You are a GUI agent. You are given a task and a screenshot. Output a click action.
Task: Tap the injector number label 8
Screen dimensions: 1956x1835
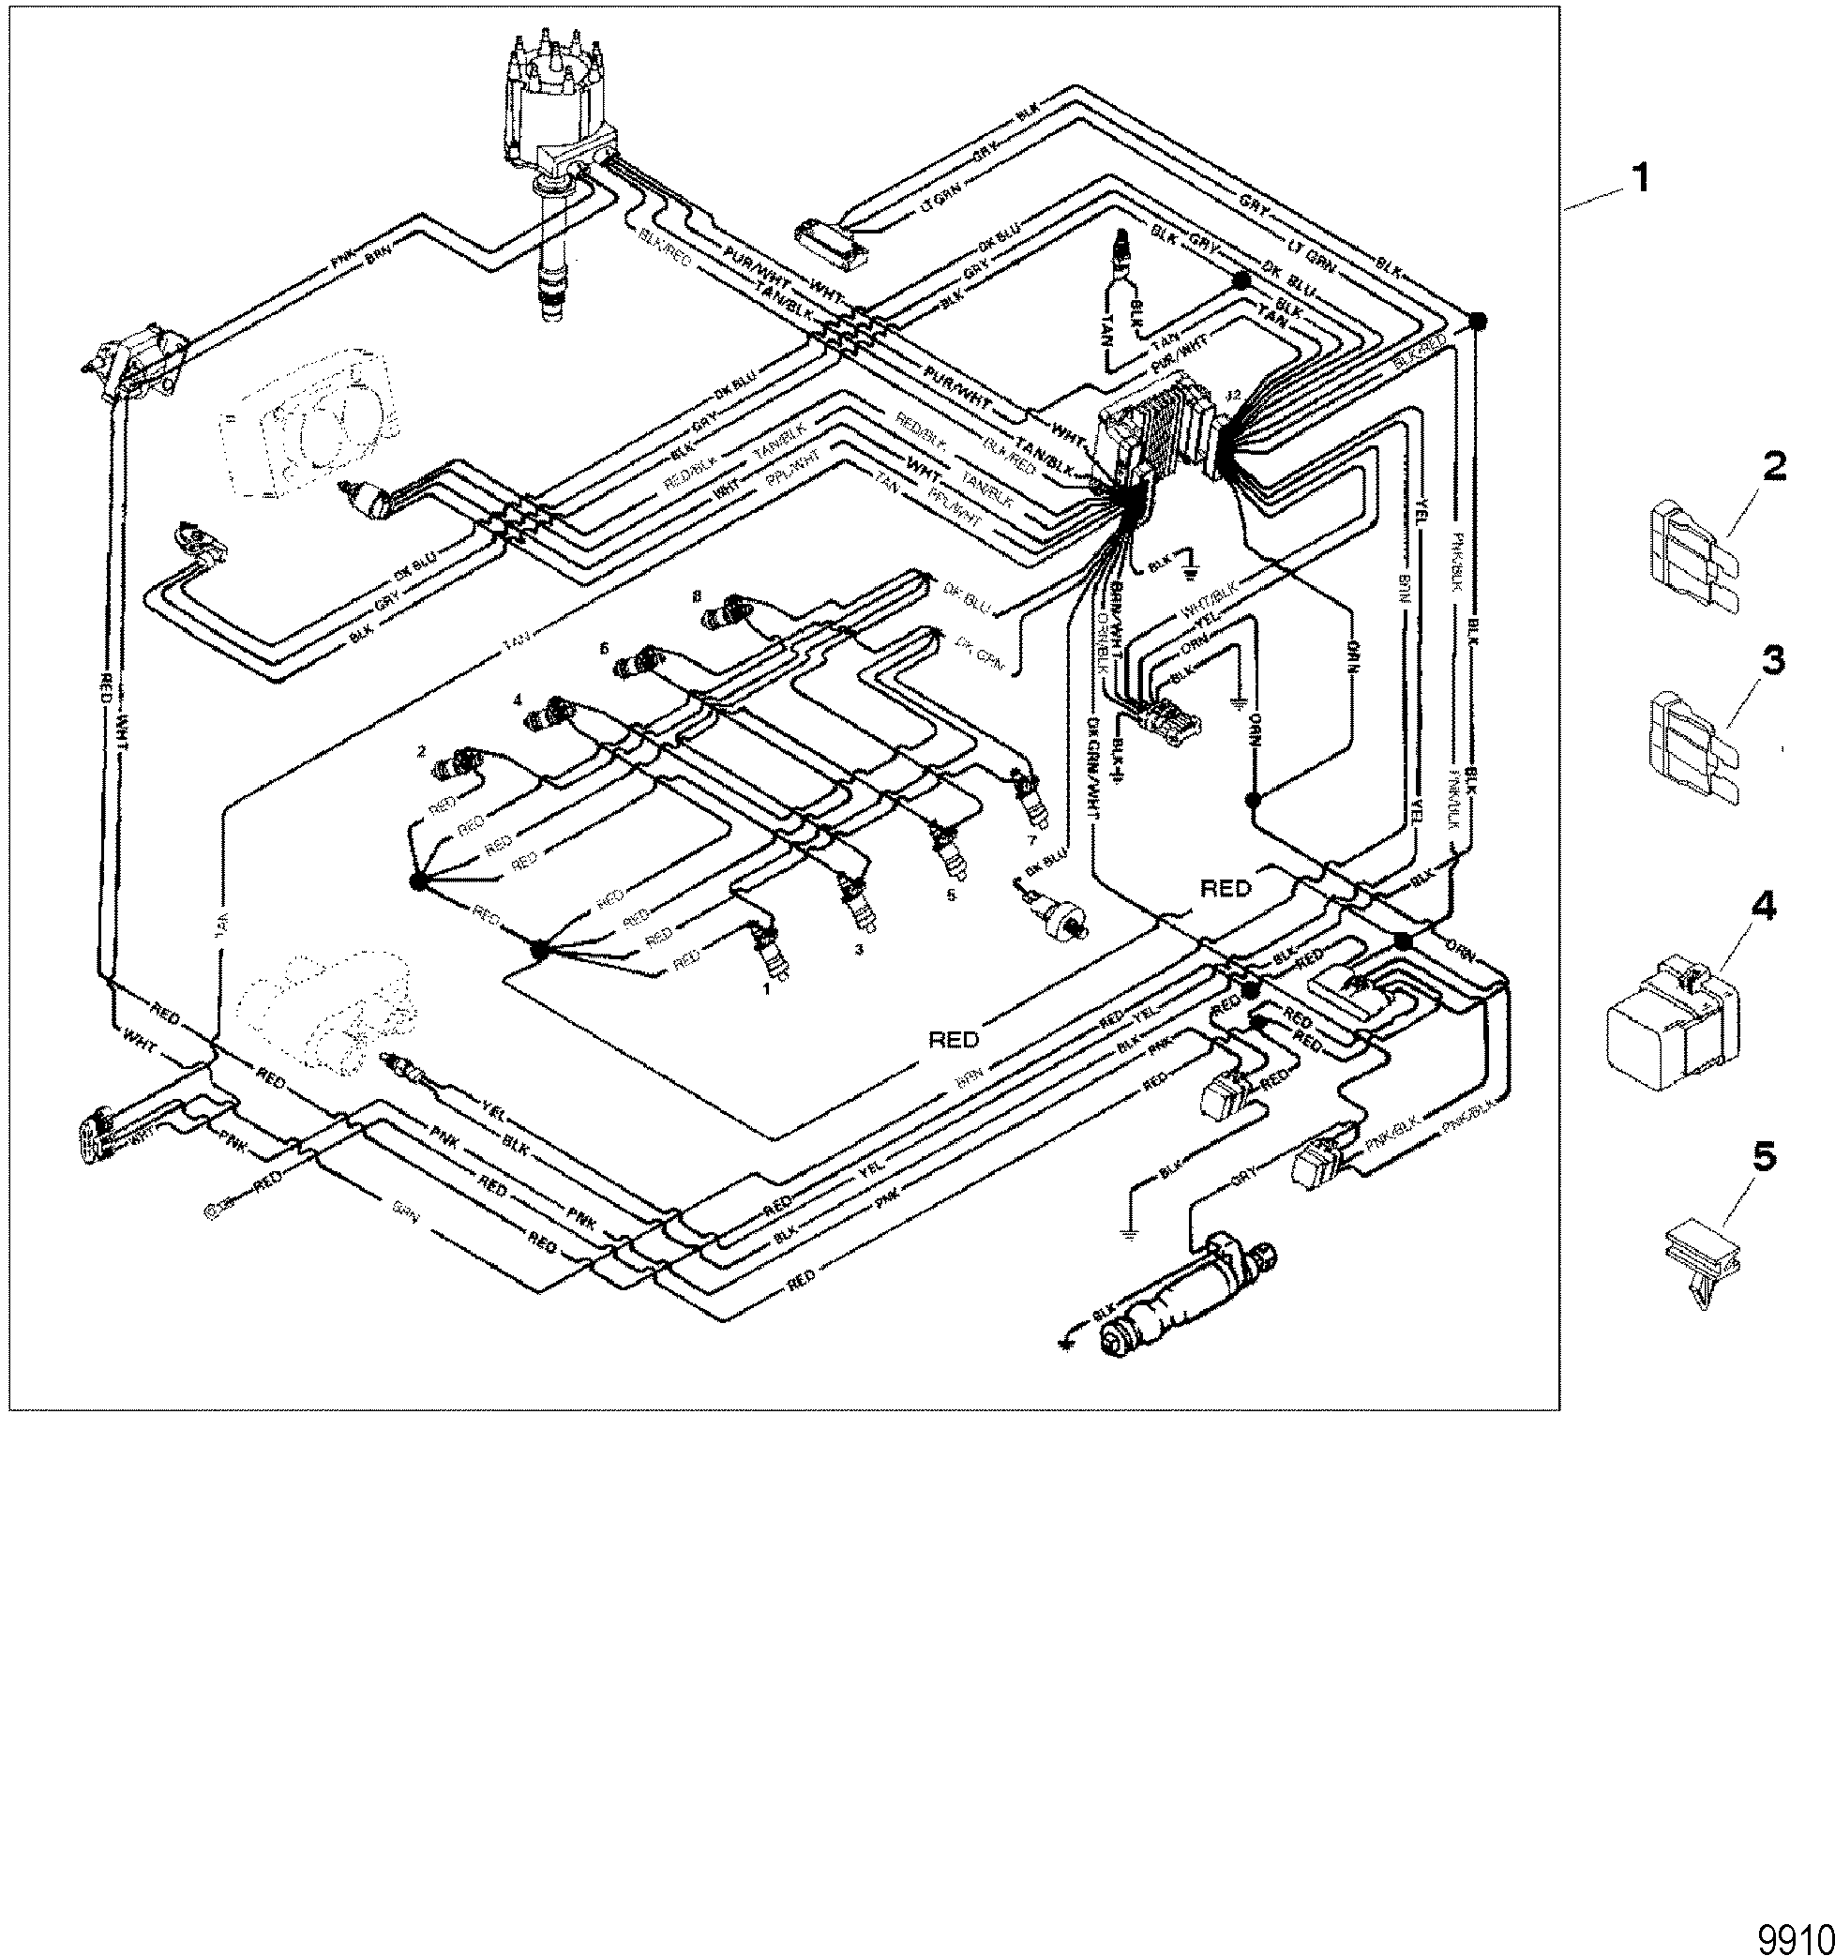(x=697, y=596)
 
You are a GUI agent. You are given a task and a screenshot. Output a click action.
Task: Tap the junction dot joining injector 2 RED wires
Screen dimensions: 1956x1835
(x=417, y=882)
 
